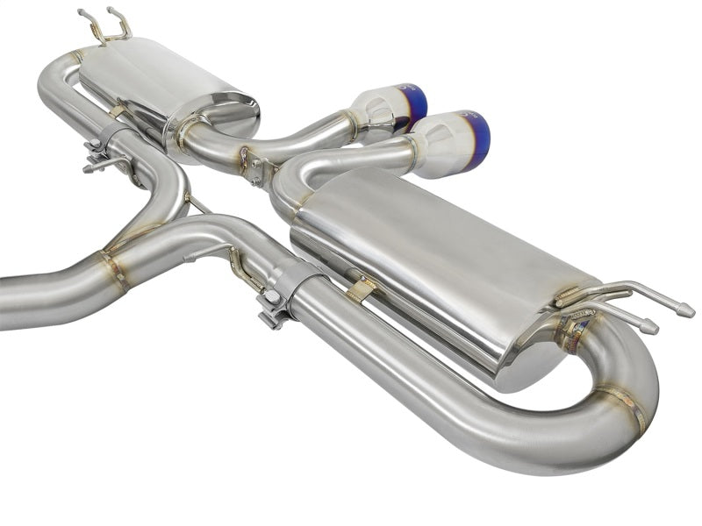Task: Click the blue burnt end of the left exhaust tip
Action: [418, 103]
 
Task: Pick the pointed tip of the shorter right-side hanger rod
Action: [650, 328]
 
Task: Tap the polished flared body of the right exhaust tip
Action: [443, 145]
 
